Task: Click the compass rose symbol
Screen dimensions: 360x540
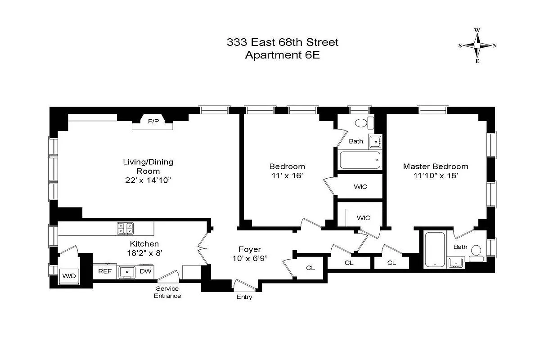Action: (477, 45)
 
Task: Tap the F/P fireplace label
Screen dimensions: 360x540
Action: (153, 121)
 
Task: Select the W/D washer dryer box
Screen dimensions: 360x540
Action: (69, 275)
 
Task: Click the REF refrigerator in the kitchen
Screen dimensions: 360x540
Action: (105, 271)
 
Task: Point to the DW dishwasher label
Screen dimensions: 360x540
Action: (145, 271)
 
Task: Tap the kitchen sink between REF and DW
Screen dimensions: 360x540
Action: (128, 272)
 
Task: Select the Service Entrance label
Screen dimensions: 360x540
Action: (167, 292)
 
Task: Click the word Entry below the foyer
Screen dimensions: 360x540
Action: (244, 297)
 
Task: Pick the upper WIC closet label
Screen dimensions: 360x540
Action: (360, 186)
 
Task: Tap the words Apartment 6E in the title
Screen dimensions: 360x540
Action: (282, 55)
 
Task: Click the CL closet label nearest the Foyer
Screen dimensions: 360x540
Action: (310, 268)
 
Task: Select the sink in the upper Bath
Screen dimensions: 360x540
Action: (375, 141)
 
